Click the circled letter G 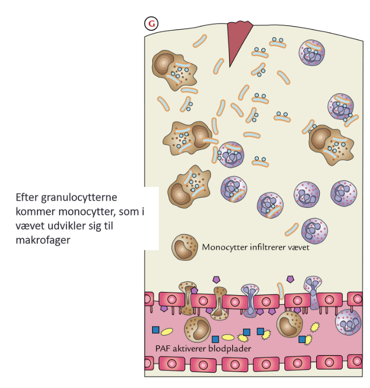151,24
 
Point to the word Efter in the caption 27,198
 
